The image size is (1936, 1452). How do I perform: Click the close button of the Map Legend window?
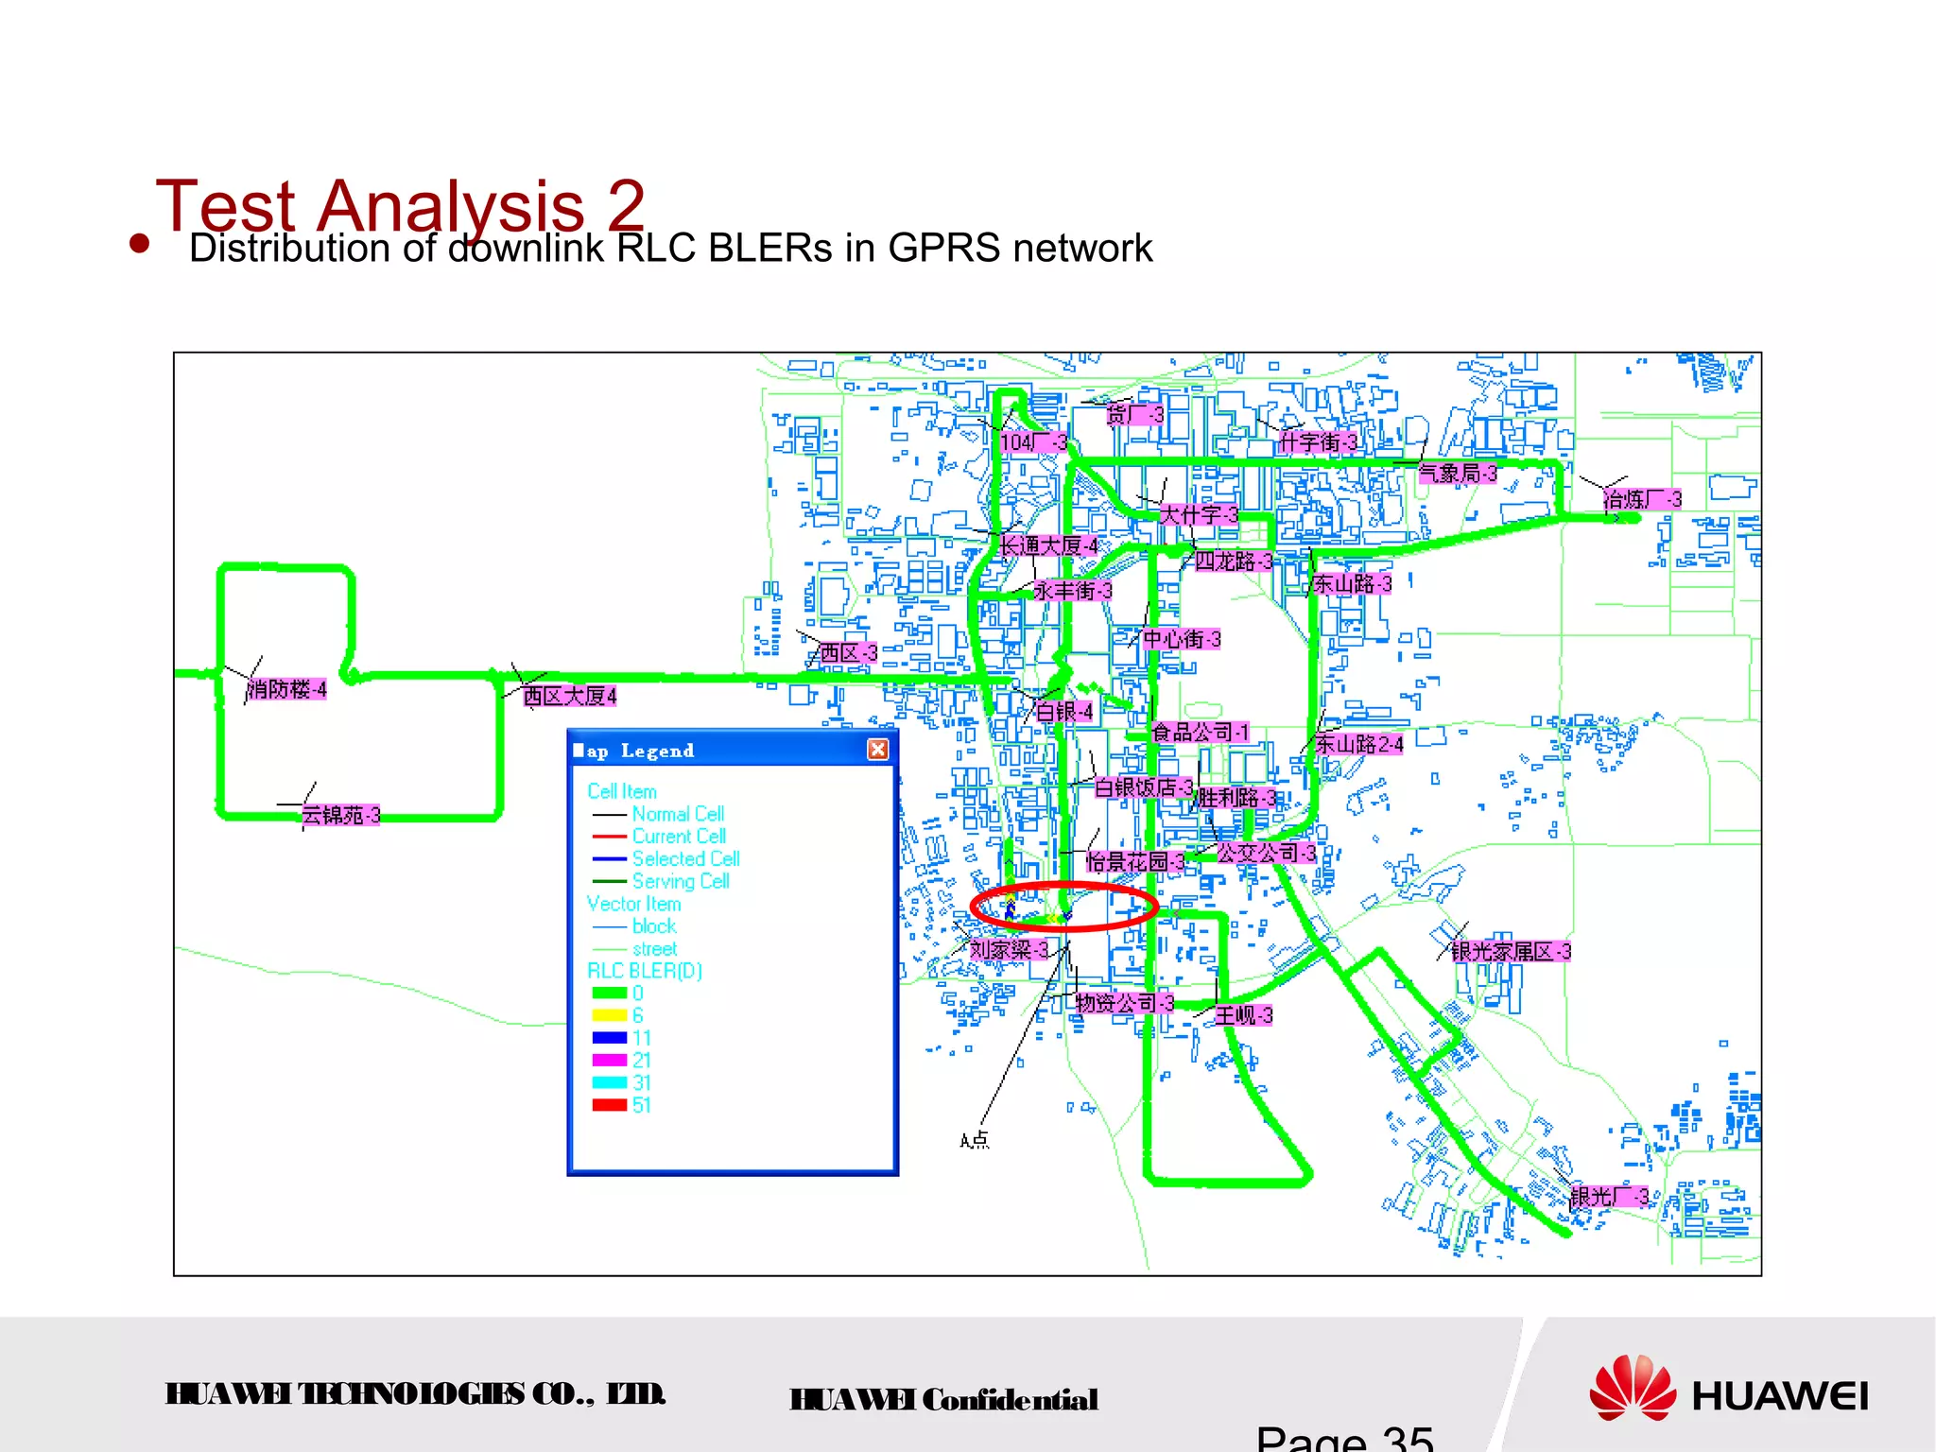point(877,750)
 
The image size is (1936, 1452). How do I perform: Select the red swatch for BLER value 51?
point(609,1105)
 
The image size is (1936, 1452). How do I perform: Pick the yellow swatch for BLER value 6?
point(609,1015)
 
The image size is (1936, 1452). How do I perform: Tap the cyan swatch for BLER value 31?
point(609,1082)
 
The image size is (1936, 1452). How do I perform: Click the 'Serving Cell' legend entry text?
point(681,881)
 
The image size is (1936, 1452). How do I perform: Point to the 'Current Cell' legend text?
point(679,837)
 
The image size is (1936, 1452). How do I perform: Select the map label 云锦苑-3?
point(340,815)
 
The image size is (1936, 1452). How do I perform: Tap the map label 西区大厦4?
point(570,697)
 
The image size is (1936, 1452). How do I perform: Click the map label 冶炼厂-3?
point(1643,499)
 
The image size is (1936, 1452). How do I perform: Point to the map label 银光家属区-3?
point(1511,951)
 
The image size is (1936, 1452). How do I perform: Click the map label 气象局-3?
point(1458,473)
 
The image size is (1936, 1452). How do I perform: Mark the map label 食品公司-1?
point(1200,732)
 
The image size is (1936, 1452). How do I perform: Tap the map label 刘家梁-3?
point(1009,949)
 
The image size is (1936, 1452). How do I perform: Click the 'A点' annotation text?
point(975,1141)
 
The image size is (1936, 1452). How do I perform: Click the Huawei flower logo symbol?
point(1633,1388)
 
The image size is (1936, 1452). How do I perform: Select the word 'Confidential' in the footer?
point(1010,1399)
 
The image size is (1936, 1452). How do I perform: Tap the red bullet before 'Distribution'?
point(140,244)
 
